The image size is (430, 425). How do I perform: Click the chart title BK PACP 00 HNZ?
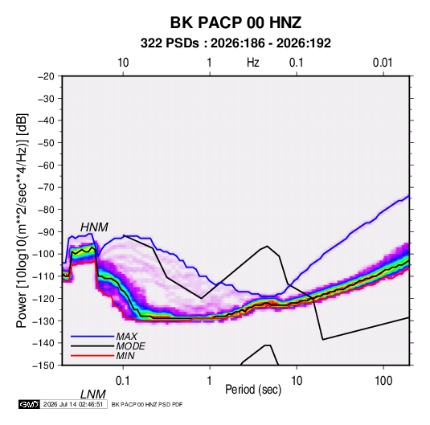coord(235,22)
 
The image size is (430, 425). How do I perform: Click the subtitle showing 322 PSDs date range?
coord(235,43)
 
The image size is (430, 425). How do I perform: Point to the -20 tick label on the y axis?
coord(46,76)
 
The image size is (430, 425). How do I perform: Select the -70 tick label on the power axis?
coord(46,187)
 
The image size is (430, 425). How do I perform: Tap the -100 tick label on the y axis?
coord(43,254)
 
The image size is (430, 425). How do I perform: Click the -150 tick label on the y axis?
coord(43,366)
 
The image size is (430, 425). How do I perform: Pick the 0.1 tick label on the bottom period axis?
coord(122,381)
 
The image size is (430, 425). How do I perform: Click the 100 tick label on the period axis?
coord(383,381)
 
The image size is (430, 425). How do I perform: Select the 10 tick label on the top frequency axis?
coord(123,63)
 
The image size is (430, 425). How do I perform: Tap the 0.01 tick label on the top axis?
coord(383,63)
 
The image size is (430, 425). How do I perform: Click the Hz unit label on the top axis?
coord(253,63)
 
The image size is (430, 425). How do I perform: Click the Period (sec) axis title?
coord(253,390)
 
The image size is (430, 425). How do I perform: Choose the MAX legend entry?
coord(126,336)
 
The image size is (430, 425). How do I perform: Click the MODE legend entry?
coord(130,346)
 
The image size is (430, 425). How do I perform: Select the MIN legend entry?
coord(125,356)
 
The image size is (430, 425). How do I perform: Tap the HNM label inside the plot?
coord(94,227)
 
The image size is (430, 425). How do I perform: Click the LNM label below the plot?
coord(93,394)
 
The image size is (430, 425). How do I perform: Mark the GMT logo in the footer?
coord(29,404)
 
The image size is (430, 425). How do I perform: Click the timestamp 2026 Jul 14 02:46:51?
coord(73,404)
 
